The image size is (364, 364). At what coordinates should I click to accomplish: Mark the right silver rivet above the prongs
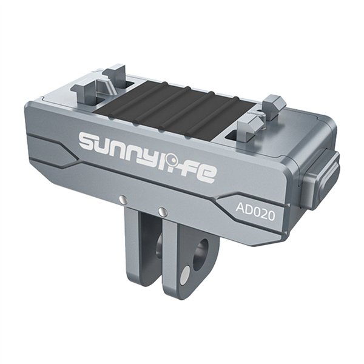pyautogui.click(x=162, y=212)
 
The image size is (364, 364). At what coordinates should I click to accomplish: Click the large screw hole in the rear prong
pyautogui.click(x=200, y=253)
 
